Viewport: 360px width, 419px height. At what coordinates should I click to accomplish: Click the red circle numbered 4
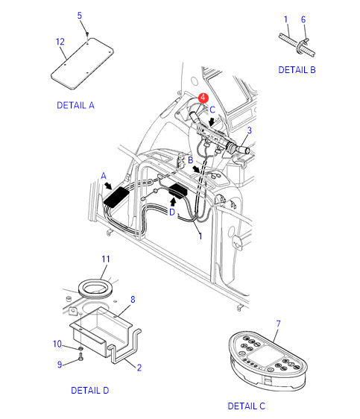click(203, 98)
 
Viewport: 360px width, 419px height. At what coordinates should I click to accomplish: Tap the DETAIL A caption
click(75, 105)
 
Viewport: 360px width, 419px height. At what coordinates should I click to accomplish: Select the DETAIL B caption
click(297, 70)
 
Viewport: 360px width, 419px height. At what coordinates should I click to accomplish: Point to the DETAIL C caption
click(247, 406)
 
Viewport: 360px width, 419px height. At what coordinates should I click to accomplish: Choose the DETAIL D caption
click(90, 391)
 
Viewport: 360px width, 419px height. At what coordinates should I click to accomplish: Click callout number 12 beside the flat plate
click(60, 42)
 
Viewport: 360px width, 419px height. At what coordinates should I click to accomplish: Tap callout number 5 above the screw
click(79, 16)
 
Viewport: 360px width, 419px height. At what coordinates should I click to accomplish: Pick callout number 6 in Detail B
click(303, 19)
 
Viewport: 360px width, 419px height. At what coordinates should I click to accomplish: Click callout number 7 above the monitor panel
click(278, 324)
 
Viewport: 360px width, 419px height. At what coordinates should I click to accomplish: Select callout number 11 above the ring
click(106, 259)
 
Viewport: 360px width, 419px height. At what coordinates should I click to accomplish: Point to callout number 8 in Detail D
click(133, 300)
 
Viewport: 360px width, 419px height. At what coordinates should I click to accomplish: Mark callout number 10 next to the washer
click(57, 344)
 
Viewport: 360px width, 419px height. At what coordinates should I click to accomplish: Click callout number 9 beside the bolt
click(60, 365)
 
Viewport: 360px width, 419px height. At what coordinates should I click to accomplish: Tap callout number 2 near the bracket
click(139, 368)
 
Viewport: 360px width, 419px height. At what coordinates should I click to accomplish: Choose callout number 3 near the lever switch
click(249, 130)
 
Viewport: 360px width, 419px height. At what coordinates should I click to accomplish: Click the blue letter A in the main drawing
click(104, 176)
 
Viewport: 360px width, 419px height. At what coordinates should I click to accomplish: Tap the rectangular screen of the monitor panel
click(265, 355)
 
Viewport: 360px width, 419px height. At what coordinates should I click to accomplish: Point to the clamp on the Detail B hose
click(302, 45)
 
